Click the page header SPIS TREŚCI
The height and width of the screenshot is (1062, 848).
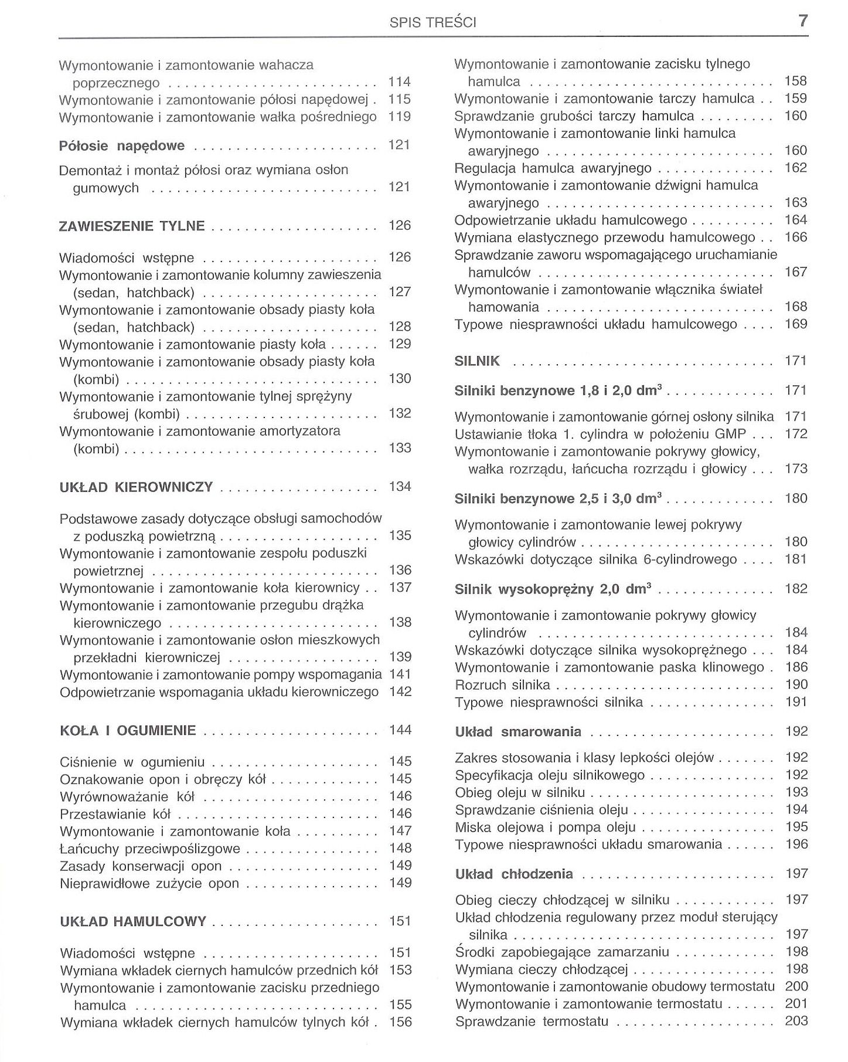tap(433, 23)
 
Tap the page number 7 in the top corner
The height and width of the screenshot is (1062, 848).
tap(803, 21)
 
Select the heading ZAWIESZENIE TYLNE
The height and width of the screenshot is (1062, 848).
tap(132, 226)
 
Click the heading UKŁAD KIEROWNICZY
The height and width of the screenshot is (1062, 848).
tap(136, 487)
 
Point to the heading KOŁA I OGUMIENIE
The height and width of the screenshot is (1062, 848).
tap(128, 731)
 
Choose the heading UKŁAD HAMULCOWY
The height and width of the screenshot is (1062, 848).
tap(133, 921)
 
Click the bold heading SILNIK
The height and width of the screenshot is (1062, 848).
tap(477, 361)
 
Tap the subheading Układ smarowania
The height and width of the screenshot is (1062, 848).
tap(518, 732)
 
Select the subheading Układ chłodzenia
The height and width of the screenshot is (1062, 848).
tap(514, 874)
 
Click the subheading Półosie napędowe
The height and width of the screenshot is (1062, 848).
tap(122, 146)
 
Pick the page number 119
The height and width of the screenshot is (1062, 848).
tap(400, 117)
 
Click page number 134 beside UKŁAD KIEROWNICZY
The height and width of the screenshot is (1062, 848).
tap(400, 487)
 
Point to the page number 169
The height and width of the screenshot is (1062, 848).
tap(796, 324)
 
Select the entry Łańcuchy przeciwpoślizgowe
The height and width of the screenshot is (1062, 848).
tap(150, 849)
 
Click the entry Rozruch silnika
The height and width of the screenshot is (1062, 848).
tap(502, 685)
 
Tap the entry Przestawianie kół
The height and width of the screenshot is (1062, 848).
tap(115, 814)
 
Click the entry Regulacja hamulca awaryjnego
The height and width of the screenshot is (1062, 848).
tap(553, 169)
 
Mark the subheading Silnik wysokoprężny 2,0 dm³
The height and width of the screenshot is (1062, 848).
tap(553, 589)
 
